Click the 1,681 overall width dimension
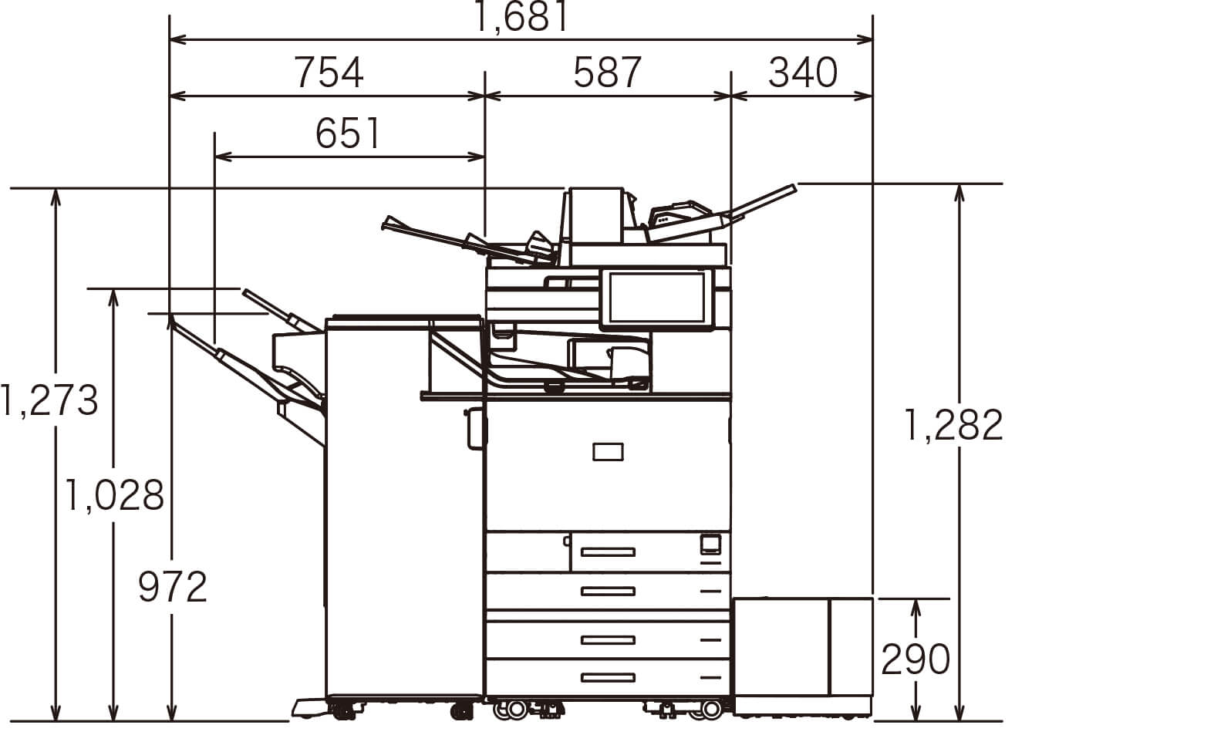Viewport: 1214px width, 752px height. tap(521, 16)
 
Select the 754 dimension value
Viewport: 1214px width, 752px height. tap(329, 73)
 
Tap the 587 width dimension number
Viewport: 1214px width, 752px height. tap(607, 73)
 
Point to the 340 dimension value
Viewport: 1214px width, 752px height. tap(803, 73)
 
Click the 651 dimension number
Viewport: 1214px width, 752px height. tap(348, 133)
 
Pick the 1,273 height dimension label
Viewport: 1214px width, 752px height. tap(49, 400)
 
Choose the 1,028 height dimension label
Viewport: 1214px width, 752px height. tap(114, 496)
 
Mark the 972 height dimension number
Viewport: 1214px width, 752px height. tap(172, 587)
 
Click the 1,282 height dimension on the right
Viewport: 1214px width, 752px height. tap(953, 425)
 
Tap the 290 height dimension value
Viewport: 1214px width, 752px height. tap(916, 659)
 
